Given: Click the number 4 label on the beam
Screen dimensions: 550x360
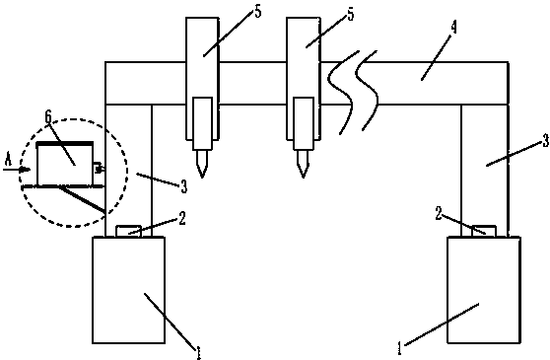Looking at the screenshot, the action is coord(453,28).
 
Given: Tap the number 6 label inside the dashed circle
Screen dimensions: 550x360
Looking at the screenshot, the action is coord(48,116).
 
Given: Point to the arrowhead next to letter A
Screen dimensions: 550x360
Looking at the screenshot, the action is coord(26,170).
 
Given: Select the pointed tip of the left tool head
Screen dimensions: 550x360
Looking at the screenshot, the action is coord(202,177).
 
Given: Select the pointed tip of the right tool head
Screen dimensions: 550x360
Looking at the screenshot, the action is coord(304,177).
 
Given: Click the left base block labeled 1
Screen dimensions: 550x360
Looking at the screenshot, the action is coord(128,290).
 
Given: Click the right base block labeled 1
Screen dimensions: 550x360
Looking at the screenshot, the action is coord(484,290).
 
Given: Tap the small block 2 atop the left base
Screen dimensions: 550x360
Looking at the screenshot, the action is coord(128,231).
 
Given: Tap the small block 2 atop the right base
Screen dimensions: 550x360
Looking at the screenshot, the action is coord(484,231).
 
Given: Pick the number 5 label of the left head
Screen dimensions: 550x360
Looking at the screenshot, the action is coord(258,11).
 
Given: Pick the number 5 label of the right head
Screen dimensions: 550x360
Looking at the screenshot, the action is coord(351,14).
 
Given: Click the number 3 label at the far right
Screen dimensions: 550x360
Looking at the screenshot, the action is coord(546,141).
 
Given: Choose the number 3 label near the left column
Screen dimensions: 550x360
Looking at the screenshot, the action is coord(184,186).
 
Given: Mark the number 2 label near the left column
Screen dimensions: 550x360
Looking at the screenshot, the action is coord(182,218).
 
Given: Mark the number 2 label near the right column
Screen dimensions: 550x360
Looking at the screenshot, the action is coord(439,213).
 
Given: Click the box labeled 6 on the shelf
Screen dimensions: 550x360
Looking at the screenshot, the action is coord(65,163).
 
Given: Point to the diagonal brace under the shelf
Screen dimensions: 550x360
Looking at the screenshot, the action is coord(83,199).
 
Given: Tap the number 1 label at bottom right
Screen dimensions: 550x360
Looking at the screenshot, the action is coord(399,348).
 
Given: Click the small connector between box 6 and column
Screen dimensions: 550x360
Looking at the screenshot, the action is coord(99,169).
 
